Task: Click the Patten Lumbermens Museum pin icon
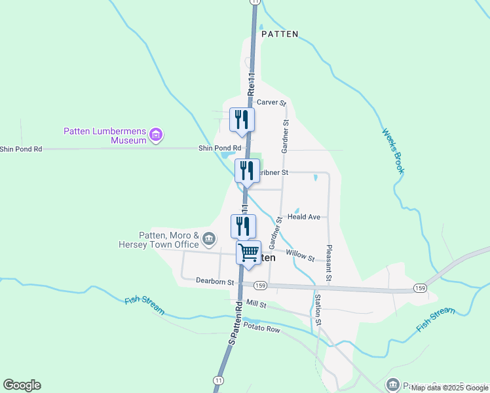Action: pos(156,136)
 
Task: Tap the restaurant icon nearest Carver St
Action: pos(242,119)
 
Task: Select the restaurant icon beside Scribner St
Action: pos(247,171)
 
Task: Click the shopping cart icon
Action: pos(248,252)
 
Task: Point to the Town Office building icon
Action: pos(209,238)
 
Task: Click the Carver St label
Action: pos(272,102)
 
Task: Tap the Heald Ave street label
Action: pos(303,217)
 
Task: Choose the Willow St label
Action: pos(300,255)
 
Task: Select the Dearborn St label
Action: pos(215,281)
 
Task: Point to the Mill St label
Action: pos(257,305)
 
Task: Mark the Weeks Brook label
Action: pos(392,151)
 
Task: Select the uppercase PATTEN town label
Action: pos(280,34)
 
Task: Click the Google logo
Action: pos(22,385)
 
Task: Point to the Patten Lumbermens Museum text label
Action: pos(105,135)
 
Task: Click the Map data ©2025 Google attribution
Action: pos(449,388)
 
